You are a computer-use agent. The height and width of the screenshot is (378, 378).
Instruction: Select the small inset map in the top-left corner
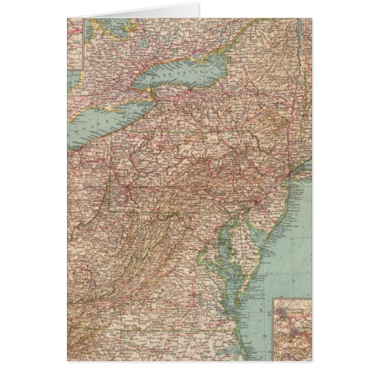[75, 44]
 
